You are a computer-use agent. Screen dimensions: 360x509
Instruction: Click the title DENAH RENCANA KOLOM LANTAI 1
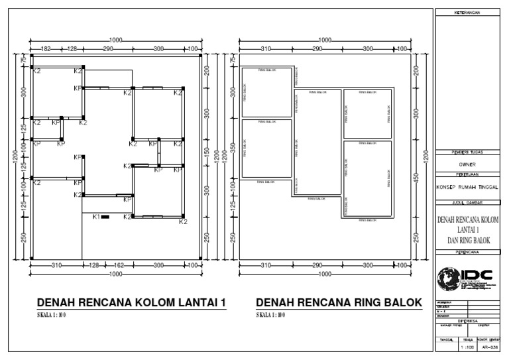[x=133, y=302]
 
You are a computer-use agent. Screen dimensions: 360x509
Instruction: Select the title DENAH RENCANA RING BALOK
[x=339, y=302]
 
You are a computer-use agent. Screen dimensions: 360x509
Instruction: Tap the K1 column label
[x=95, y=217]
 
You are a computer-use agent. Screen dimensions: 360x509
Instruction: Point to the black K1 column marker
[x=105, y=217]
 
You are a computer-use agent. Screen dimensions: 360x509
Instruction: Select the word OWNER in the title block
[x=467, y=165]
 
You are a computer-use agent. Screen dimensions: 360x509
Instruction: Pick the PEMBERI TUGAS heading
[x=467, y=153]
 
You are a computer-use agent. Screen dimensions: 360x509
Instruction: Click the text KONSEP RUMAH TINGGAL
[x=467, y=187]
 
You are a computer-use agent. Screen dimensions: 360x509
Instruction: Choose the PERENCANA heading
[x=467, y=253]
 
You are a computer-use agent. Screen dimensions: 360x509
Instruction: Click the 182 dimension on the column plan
[x=46, y=49]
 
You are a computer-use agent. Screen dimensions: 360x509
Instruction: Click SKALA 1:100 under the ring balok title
[x=271, y=315]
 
